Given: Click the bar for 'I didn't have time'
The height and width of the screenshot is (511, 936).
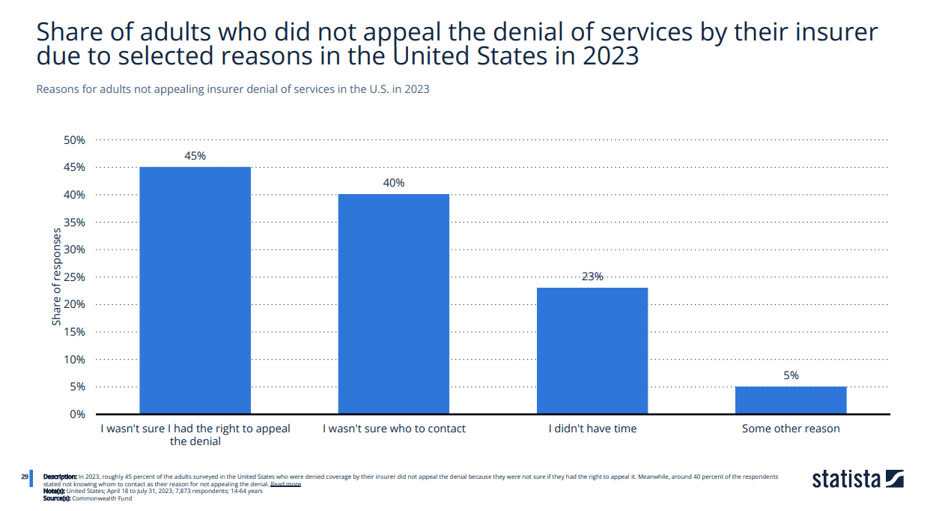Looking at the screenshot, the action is click(x=592, y=351).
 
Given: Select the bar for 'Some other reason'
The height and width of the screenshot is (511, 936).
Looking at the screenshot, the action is click(x=791, y=400).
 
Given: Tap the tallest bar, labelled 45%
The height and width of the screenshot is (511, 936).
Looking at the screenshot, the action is click(x=195, y=291).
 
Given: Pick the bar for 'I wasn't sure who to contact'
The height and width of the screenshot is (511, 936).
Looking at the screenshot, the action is click(x=394, y=304).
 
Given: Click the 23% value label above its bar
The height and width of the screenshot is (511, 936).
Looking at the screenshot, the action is click(x=592, y=276).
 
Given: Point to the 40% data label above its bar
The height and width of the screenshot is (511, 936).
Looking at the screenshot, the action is click(x=394, y=183).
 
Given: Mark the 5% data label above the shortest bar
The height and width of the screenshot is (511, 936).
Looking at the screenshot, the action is click(x=791, y=375).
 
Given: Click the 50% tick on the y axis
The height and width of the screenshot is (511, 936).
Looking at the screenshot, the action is click(x=74, y=140).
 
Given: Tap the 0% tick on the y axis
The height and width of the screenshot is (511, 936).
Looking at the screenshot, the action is click(x=77, y=414).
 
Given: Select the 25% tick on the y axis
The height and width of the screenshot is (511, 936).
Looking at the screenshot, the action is click(x=74, y=277).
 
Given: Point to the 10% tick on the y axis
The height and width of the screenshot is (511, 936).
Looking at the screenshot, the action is click(x=74, y=360).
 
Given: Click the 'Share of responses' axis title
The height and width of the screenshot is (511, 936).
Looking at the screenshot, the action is click(x=56, y=276).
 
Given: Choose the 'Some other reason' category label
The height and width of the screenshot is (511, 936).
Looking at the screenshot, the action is click(x=791, y=429).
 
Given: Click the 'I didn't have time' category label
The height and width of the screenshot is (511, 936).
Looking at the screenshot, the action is click(x=592, y=429).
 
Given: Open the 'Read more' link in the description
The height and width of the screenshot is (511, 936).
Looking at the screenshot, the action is click(x=285, y=484).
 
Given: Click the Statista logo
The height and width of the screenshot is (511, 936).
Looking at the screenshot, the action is click(x=858, y=480).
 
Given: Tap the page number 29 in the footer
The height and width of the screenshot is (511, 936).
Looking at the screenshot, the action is click(x=25, y=477).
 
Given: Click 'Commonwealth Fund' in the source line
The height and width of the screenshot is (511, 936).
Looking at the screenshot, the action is click(x=102, y=498).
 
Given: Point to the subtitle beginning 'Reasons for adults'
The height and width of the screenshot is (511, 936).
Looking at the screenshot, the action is click(x=233, y=89).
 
